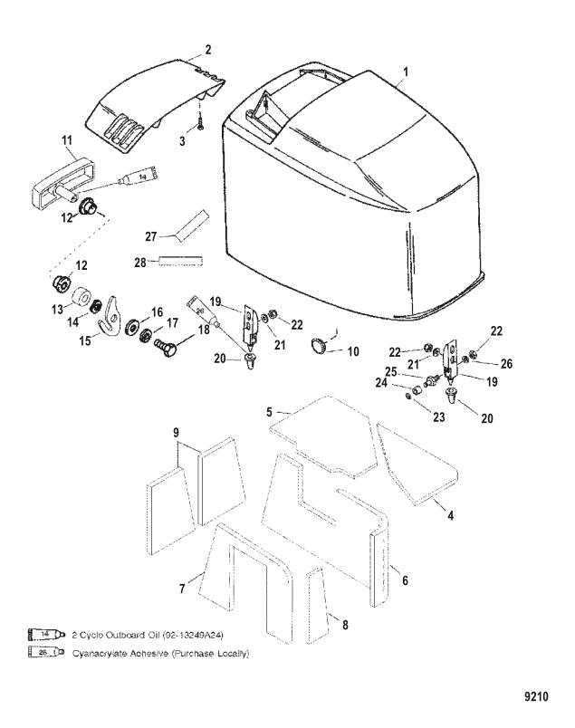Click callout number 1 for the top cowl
[406, 71]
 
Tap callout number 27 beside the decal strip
[152, 236]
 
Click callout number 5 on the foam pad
[269, 413]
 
